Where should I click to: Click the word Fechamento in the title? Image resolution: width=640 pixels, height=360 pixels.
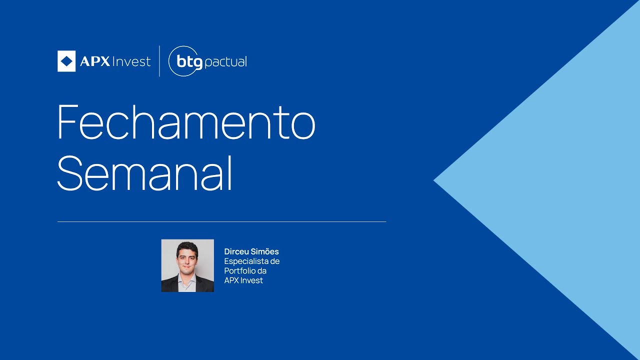186,122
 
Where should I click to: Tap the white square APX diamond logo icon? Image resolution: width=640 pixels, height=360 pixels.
66,61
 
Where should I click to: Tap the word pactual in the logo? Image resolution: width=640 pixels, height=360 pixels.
226,62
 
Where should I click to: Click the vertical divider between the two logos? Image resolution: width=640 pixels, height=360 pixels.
159,61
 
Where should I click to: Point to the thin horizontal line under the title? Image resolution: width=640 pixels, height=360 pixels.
221,221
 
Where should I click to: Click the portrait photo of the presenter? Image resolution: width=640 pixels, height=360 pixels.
187,265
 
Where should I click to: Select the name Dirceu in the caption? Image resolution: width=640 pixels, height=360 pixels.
236,251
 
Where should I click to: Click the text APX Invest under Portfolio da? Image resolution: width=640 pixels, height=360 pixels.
243,280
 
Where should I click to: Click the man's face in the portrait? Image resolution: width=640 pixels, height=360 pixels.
187,257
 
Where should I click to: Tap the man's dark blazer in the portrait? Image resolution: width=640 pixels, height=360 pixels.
170,285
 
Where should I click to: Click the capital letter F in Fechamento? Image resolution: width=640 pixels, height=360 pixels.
68,122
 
